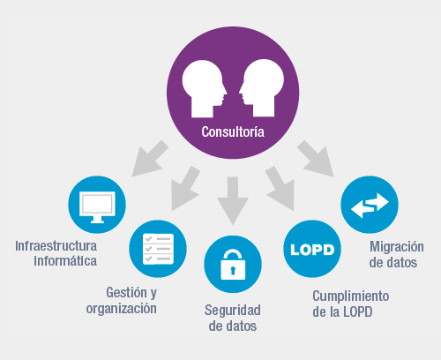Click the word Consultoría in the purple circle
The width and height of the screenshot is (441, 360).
(233, 133)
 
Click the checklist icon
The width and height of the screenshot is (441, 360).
(158, 249)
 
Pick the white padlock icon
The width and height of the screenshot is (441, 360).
(233, 265)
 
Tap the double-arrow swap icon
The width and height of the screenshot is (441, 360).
(370, 206)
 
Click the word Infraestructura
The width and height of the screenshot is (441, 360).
(56, 244)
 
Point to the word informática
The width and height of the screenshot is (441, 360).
(65, 260)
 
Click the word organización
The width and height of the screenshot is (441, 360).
(122, 309)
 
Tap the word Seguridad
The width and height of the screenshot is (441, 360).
(233, 310)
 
